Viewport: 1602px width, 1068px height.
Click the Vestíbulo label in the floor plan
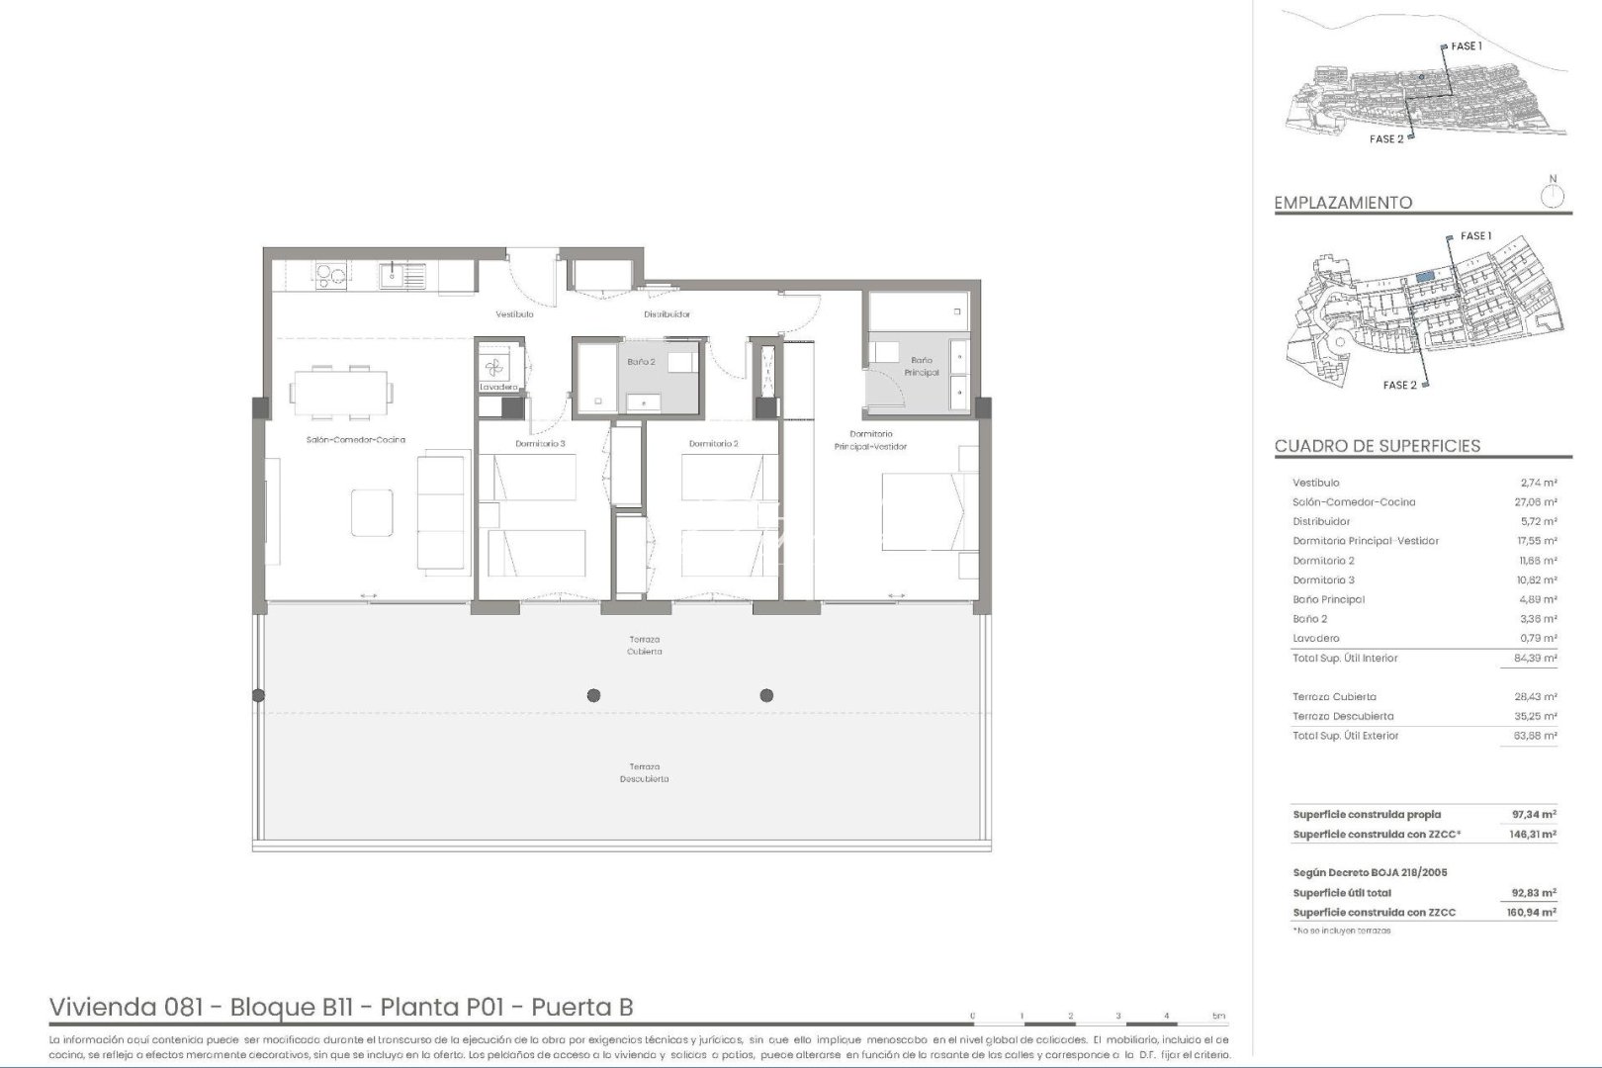(x=514, y=314)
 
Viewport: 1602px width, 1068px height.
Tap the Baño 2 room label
(x=641, y=362)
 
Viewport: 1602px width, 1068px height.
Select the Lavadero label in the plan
(x=498, y=387)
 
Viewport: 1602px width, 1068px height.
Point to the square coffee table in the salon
(x=372, y=512)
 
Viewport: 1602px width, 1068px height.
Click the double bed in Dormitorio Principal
(x=920, y=511)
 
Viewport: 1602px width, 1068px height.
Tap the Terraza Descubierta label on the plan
(x=644, y=772)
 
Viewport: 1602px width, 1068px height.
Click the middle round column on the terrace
(x=593, y=695)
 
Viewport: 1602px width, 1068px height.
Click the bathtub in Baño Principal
(x=917, y=316)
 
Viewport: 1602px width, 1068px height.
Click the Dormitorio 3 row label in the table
(x=1323, y=580)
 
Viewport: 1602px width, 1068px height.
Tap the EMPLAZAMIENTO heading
(x=1343, y=203)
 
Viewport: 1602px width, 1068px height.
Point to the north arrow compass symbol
(x=1553, y=194)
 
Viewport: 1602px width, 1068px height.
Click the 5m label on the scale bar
(x=1218, y=1016)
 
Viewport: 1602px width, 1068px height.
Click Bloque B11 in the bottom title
(x=291, y=1008)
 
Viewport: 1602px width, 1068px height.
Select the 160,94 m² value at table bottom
(x=1533, y=913)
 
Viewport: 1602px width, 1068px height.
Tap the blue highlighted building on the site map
(x=1424, y=278)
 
